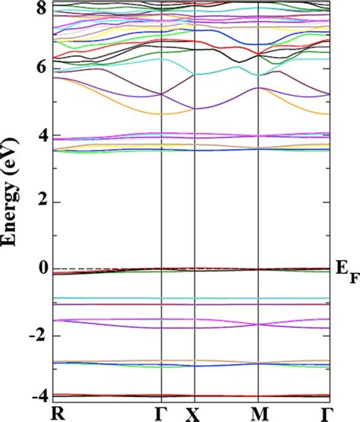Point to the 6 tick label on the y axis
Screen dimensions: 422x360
pos(43,68)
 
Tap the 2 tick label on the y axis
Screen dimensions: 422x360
pos(43,202)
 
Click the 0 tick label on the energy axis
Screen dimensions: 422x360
pos(43,269)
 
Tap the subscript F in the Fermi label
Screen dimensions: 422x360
pos(352,275)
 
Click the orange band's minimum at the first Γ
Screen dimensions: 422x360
pos(162,113)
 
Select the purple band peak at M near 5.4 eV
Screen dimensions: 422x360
pos(259,88)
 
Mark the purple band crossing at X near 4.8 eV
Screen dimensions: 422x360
pos(195,108)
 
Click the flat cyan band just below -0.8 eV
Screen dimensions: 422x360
pos(190,298)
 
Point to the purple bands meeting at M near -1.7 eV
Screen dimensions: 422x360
pos(259,325)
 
